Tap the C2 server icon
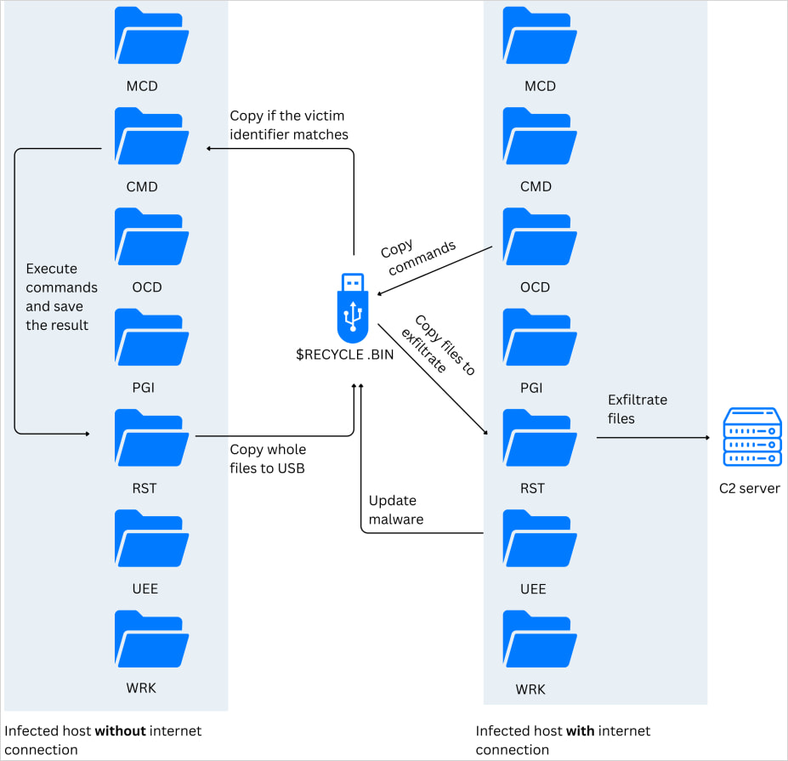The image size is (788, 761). (x=751, y=437)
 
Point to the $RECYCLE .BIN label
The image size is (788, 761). (x=344, y=355)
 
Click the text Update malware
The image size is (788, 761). (x=396, y=509)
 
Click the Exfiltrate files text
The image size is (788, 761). (x=638, y=408)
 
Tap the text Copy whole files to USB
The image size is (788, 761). (x=268, y=458)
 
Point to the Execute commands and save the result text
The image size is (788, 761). (x=61, y=297)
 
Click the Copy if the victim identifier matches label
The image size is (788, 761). (x=288, y=125)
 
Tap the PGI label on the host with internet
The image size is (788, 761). (x=532, y=388)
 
